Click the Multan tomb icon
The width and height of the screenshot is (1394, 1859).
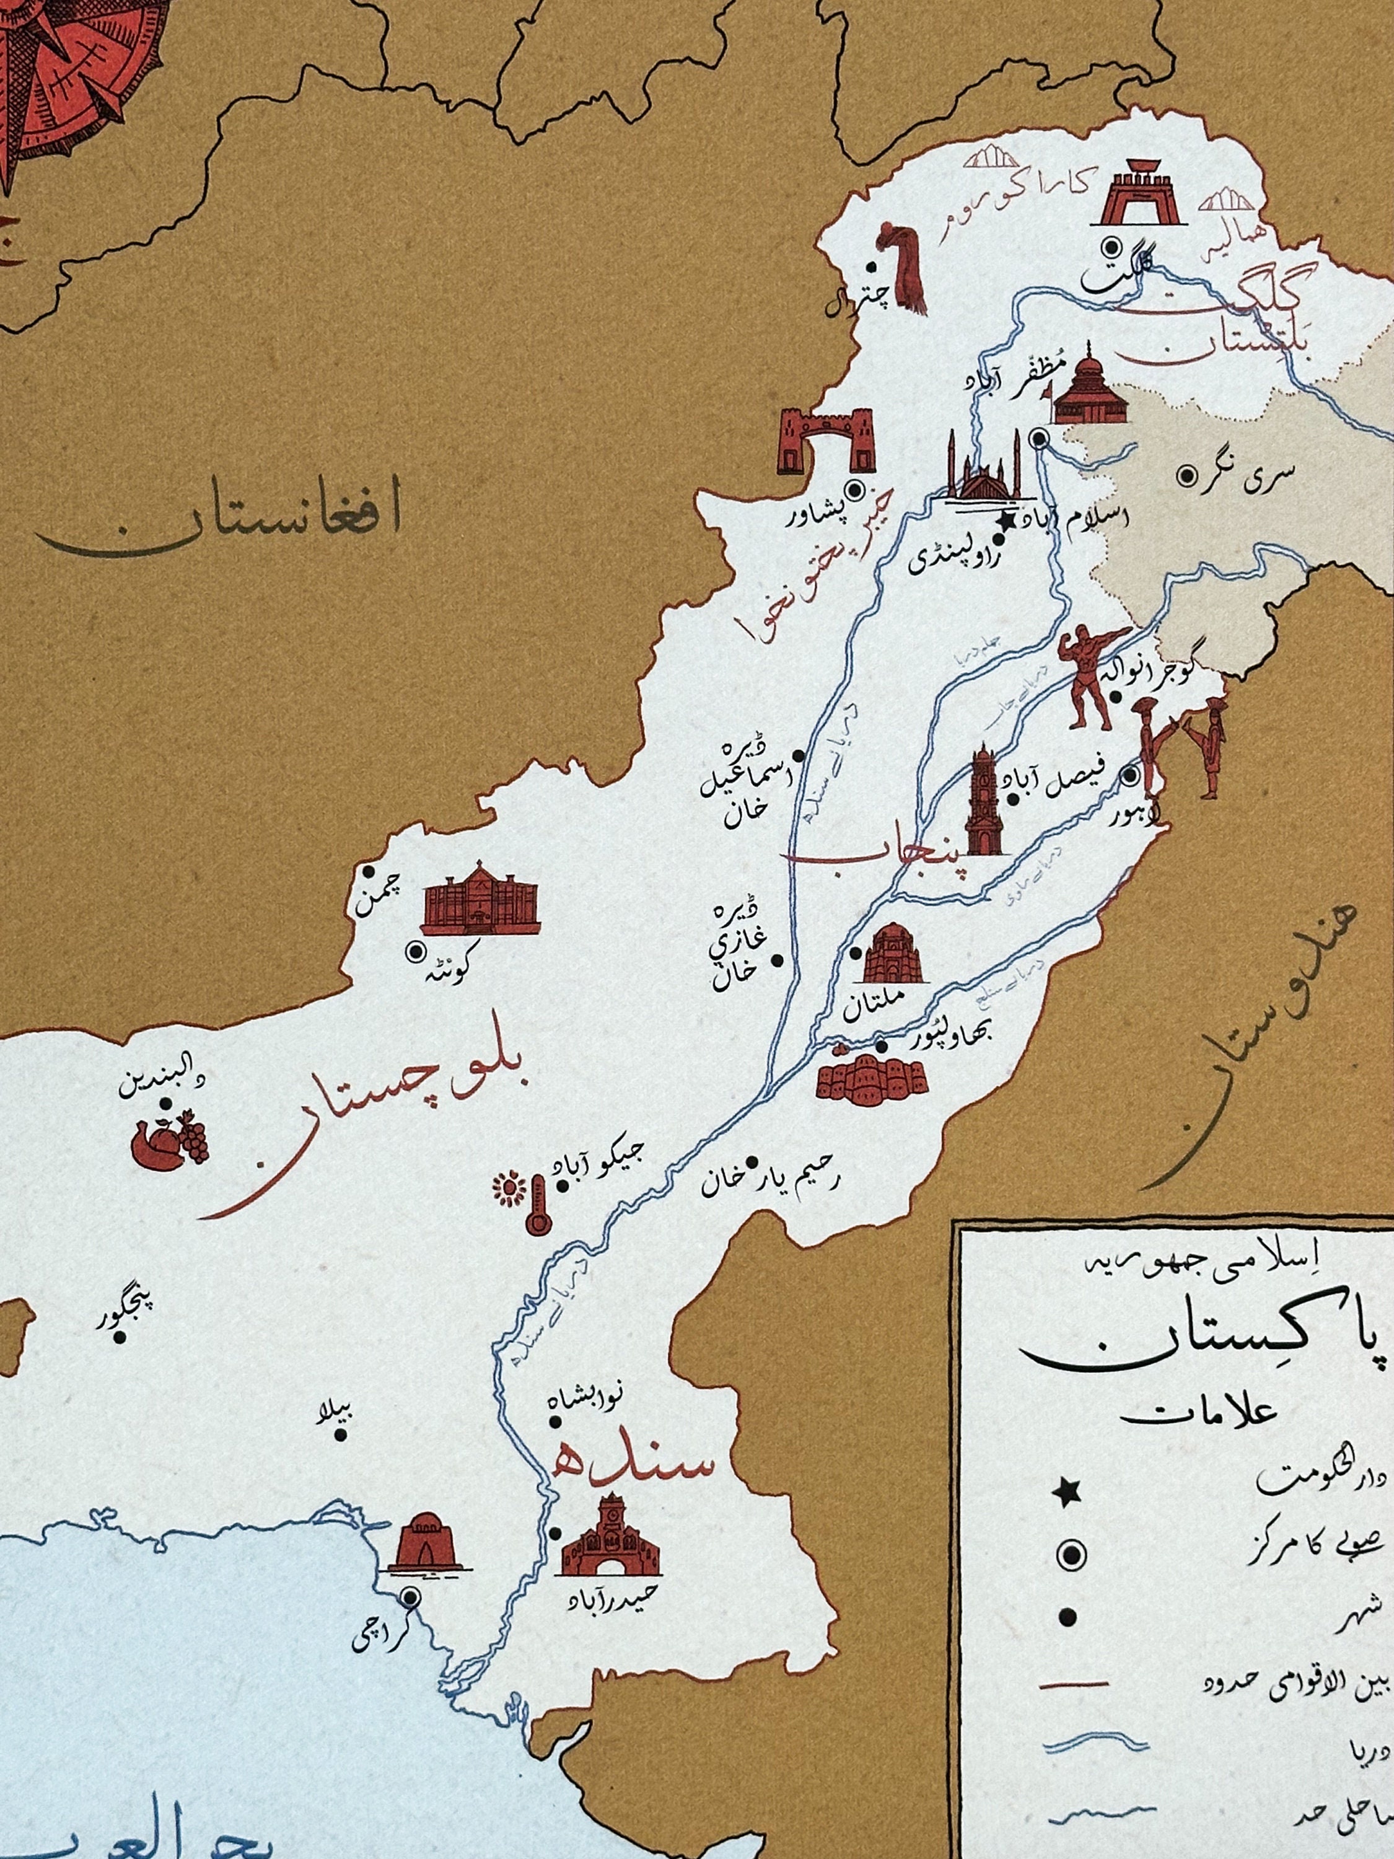[x=892, y=955]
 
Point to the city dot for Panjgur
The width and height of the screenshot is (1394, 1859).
[x=122, y=1316]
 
